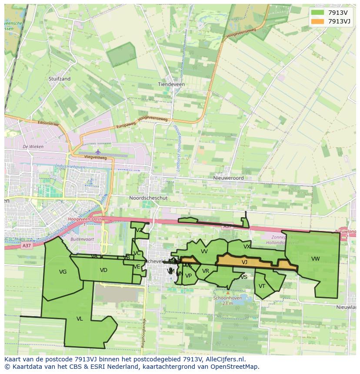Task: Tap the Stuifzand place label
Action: tap(60, 79)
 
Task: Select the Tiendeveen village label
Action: tap(171, 84)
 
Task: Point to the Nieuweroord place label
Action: tap(228, 178)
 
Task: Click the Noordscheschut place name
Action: tap(148, 198)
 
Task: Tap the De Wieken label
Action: tap(33, 147)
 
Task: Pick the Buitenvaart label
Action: tap(82, 239)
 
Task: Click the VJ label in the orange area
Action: tap(244, 262)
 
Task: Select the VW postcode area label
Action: tap(315, 259)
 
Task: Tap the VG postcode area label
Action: tap(63, 272)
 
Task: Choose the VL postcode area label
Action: tap(80, 319)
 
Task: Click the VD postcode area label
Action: tap(103, 270)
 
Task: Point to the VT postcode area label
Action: tap(262, 286)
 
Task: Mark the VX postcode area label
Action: tap(247, 247)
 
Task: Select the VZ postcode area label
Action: tap(139, 230)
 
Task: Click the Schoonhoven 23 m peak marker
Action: tap(228, 293)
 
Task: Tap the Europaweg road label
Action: tap(126, 125)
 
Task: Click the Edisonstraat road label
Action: tap(48, 123)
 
